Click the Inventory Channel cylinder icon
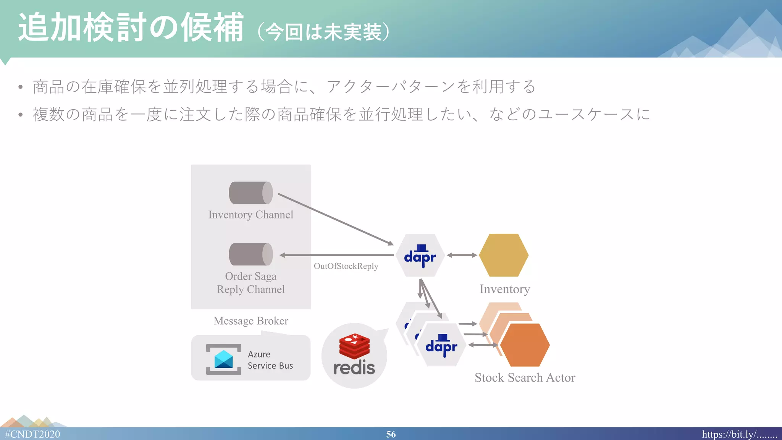click(251, 193)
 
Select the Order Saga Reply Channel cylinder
click(251, 254)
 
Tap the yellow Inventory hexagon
click(504, 255)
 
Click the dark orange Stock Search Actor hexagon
click(525, 345)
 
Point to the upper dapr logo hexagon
click(420, 256)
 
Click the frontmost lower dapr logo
click(441, 345)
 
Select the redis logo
click(354, 355)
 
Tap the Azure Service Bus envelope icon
click(224, 359)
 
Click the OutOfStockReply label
click(346, 266)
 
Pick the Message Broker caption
click(251, 321)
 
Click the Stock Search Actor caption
click(525, 378)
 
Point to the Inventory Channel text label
click(251, 215)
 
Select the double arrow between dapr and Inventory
click(462, 255)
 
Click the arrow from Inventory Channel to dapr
click(336, 219)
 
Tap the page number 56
click(391, 434)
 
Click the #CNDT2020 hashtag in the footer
click(32, 434)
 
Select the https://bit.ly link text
click(739, 434)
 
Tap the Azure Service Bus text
click(270, 360)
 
